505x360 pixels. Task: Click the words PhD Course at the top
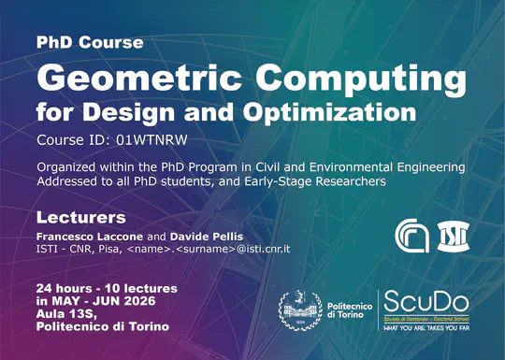90,43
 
